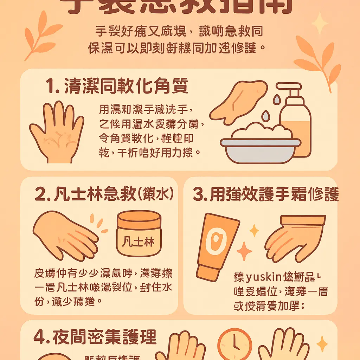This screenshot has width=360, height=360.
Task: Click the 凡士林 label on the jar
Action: click(x=139, y=242)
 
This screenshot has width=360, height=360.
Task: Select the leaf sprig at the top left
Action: click(x=39, y=35)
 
